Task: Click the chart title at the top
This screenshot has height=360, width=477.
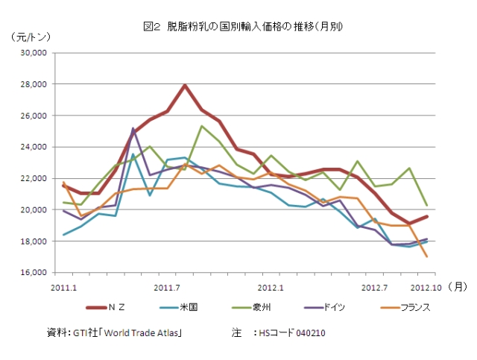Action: [243, 27]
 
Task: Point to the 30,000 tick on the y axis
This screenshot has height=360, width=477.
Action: [34, 54]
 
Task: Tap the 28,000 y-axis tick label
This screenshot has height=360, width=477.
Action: [34, 85]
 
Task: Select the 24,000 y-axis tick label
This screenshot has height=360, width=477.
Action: [34, 148]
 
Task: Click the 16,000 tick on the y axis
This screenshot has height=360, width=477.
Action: [34, 273]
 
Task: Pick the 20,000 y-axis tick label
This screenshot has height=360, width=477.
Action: [34, 210]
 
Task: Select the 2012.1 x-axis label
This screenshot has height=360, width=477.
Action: [270, 285]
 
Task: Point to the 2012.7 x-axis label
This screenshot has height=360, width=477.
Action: [373, 285]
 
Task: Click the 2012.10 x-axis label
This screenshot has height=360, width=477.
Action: [426, 285]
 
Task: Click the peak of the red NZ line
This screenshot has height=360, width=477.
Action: [184, 85]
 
